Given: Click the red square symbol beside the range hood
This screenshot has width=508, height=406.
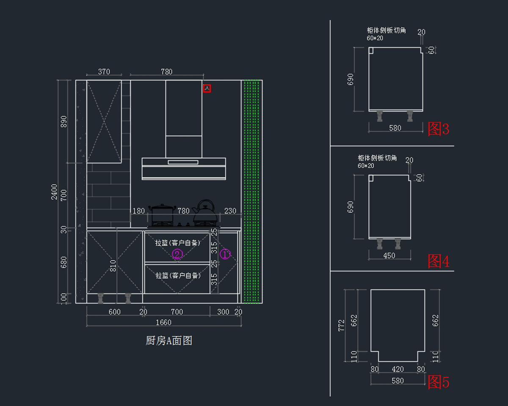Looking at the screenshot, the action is coord(207,88).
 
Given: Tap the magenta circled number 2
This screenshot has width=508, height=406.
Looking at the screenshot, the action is coord(177,254).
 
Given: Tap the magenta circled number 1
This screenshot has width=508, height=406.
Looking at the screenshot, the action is coord(225,254).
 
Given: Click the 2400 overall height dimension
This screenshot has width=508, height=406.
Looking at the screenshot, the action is coord(54,192).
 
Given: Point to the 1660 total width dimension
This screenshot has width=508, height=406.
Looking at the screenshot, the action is coord(163,322).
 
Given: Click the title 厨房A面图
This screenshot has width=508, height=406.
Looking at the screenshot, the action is coord(169,340).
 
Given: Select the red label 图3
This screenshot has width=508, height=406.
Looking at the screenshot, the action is coord(439,129).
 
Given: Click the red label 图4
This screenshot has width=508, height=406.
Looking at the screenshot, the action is coord(439,261).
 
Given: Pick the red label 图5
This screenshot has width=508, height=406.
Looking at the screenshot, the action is coord(439,382).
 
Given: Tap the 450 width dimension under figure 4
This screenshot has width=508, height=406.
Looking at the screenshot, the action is coord(389,255).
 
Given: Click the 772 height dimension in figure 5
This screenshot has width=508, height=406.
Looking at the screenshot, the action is coord(342,326).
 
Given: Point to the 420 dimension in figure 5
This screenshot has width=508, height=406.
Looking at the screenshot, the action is coord(398,369).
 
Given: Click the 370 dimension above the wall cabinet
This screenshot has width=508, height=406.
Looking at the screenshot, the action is coord(104,71).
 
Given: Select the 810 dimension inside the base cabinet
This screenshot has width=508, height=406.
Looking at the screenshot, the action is coord(113,266).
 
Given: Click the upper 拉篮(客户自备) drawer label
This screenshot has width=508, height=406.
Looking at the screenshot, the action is coord(177,243).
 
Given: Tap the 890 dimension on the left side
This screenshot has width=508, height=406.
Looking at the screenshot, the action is coord(64,121).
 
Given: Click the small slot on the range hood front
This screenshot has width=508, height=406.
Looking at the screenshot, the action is coord(183,162).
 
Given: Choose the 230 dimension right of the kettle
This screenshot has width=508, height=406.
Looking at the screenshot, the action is coord(230,211).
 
